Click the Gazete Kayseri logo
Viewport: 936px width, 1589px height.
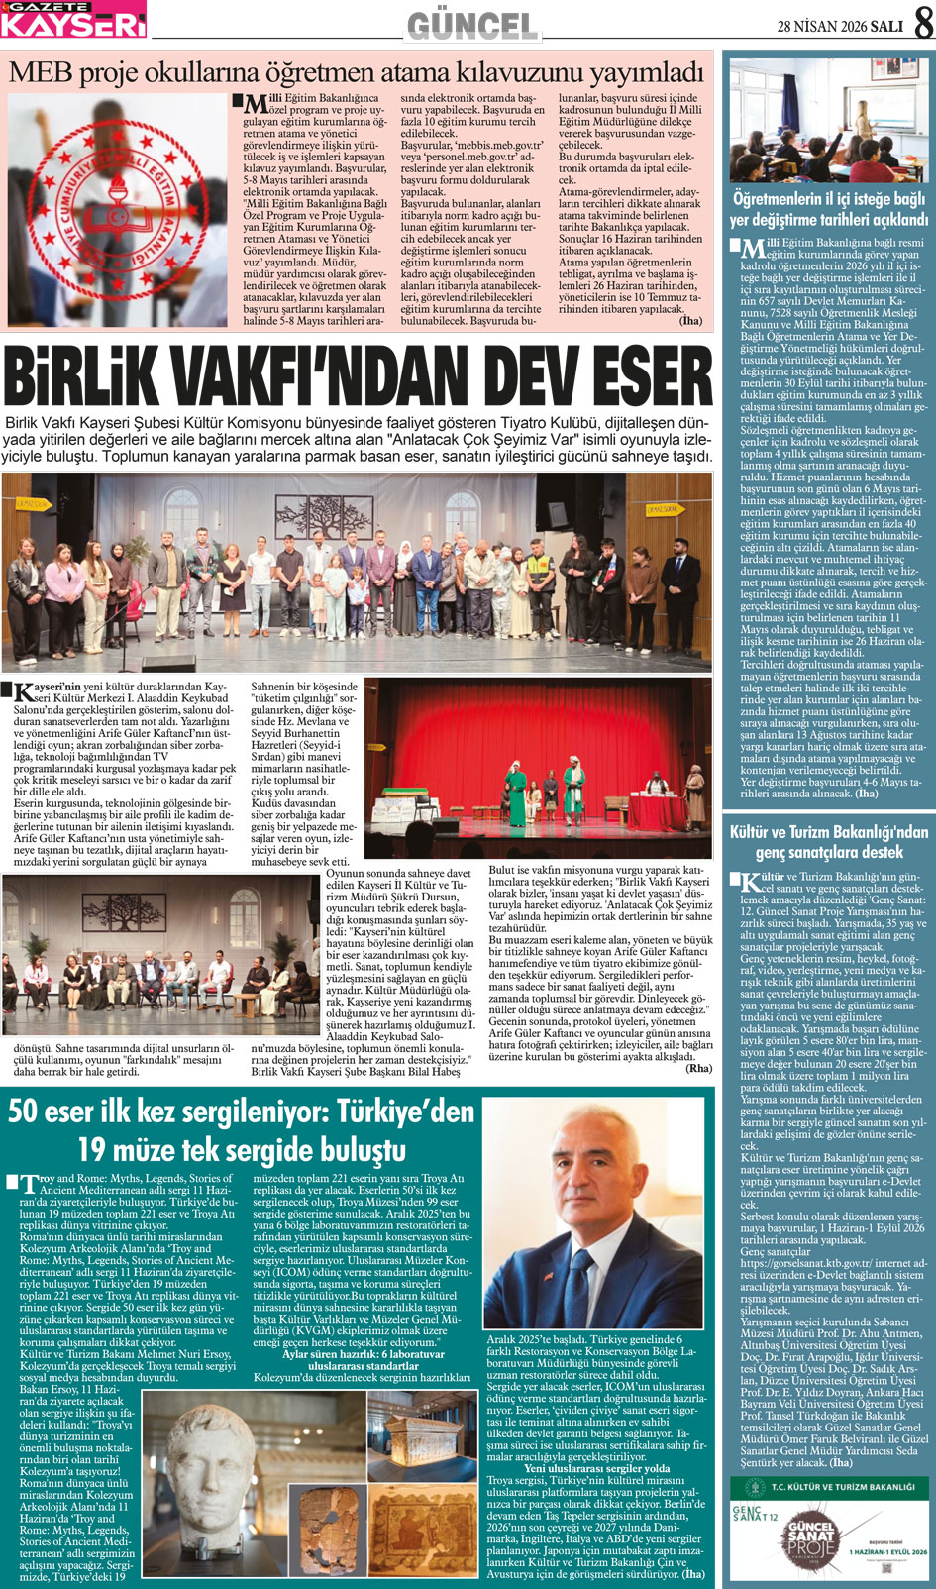73,19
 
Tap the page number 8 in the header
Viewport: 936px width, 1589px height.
921,25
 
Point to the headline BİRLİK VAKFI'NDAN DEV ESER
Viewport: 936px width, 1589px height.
358,377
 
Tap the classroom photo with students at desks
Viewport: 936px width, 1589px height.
829,120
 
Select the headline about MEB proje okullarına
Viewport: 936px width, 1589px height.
357,71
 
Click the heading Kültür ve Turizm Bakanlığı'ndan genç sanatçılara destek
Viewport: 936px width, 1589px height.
829,842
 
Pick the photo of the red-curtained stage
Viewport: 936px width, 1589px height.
538,754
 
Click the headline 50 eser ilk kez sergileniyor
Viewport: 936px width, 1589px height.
242,1129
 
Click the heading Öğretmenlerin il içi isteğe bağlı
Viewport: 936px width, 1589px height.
829,209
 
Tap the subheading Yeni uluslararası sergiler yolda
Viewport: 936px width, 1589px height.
596,1468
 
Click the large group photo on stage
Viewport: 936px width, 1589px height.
357,573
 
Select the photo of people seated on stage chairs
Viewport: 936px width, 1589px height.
158,954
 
